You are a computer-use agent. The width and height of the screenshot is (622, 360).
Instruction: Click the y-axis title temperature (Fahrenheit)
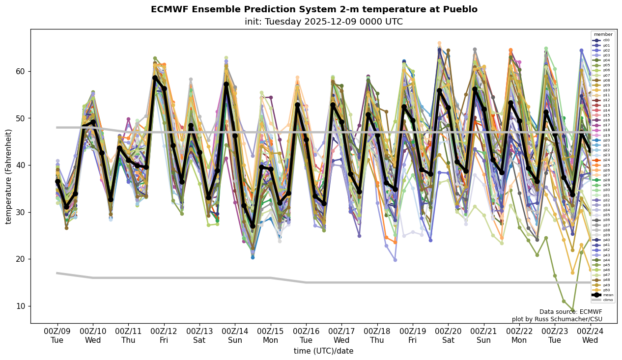point(9,176)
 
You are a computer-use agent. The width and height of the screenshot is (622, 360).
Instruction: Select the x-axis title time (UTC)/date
point(323,351)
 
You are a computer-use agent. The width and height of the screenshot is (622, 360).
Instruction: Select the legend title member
point(603,34)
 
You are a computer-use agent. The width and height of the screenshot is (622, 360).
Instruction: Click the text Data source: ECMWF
point(570,312)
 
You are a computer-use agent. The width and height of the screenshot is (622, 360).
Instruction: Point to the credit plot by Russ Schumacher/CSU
point(557,319)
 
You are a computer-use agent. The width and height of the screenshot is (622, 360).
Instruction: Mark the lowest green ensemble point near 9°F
point(572,310)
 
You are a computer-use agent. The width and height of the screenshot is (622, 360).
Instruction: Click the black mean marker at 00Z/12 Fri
point(155,78)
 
